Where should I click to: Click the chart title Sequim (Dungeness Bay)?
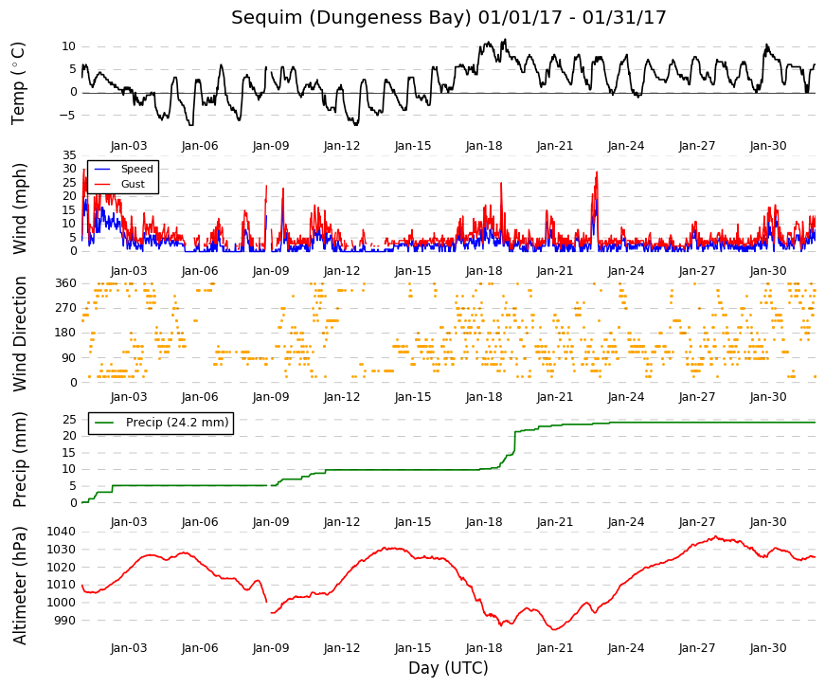[x=351, y=17]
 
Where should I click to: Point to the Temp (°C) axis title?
[x=18, y=83]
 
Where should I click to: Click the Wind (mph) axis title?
[x=20, y=208]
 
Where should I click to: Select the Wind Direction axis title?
[x=20, y=334]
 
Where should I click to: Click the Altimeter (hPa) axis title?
[x=20, y=586]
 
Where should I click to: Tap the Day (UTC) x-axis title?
[x=448, y=668]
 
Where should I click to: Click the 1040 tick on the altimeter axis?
[x=61, y=532]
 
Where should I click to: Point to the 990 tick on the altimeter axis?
[x=64, y=621]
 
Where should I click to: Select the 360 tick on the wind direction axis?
[x=65, y=283]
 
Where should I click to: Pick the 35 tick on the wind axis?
[x=69, y=154]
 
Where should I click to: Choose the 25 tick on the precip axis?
[x=69, y=420]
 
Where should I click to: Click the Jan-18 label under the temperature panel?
[x=484, y=146]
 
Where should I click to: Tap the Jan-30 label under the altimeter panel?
[x=768, y=648]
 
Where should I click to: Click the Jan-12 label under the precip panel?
[x=342, y=522]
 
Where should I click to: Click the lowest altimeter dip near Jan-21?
[x=554, y=629]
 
